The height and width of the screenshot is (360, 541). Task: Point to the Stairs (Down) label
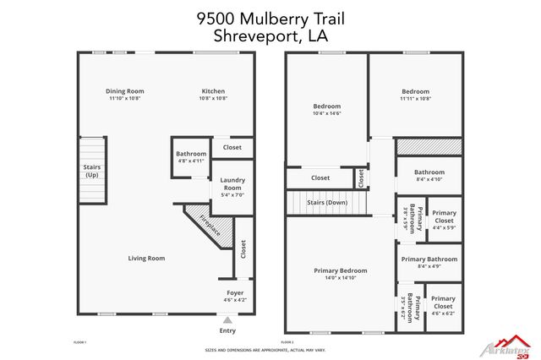(327, 203)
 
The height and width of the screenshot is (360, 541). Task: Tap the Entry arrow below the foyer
(227, 319)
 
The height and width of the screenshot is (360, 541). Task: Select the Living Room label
(146, 258)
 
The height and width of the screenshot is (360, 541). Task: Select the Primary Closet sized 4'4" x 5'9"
(444, 220)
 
